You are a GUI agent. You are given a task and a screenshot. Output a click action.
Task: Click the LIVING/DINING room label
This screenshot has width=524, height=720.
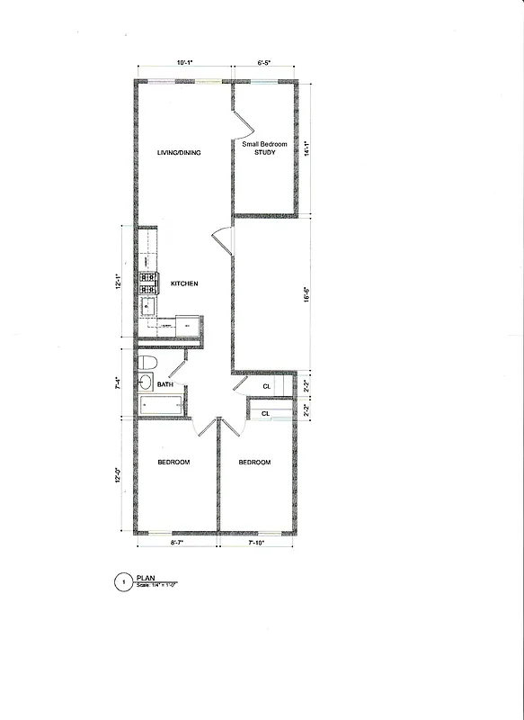tap(179, 153)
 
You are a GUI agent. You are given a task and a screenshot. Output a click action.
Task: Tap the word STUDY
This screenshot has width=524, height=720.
tap(264, 153)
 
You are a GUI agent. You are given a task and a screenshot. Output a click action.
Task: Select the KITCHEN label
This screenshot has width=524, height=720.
tap(184, 284)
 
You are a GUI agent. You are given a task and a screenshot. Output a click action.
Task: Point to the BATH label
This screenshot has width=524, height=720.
tap(165, 385)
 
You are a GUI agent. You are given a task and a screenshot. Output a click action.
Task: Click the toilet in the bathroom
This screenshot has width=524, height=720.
tap(148, 363)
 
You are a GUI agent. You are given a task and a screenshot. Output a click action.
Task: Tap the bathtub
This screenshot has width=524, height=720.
tap(163, 406)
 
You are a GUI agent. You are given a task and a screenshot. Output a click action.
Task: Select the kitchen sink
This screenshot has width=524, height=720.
tap(147, 307)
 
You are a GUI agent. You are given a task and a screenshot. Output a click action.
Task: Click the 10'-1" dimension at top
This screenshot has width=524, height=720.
tap(185, 63)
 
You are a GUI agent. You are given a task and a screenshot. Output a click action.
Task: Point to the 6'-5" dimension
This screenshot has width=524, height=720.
tap(264, 63)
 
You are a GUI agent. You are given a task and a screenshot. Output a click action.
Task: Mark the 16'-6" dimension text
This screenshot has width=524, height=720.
tap(306, 293)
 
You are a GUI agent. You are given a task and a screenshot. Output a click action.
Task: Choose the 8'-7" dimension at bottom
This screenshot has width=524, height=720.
tap(176, 544)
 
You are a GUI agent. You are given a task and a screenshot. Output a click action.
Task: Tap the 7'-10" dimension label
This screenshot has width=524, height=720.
tap(256, 544)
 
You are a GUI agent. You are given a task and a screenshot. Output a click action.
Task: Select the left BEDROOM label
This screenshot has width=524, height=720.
tap(173, 463)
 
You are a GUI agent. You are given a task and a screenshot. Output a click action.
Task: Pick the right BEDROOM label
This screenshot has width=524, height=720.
tap(254, 463)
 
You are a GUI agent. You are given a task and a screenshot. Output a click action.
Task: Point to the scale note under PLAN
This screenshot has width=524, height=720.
tap(157, 586)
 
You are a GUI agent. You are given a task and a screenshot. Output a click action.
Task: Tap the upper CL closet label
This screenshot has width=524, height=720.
tap(267, 387)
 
